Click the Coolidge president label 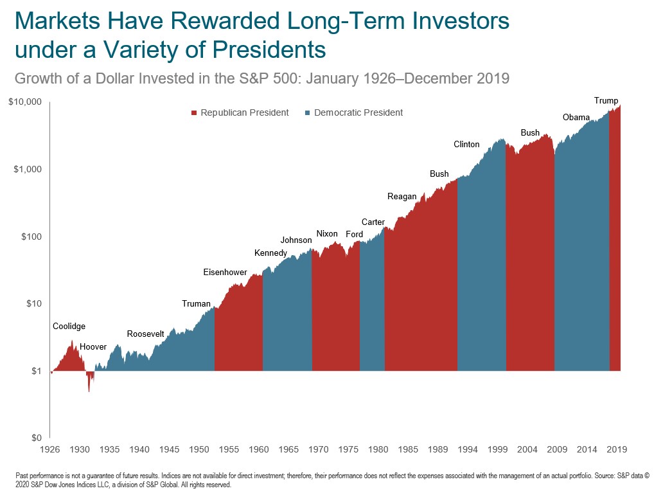coord(69,327)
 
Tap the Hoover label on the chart coord(93,347)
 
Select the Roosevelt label coord(146,334)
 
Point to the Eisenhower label coord(225,273)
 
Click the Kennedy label coord(270,253)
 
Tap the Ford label coord(355,235)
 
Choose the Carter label coord(373,222)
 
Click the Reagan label coord(402,197)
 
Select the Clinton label coord(466,145)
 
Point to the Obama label coord(576,118)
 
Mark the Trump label coord(606,101)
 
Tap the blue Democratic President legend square coord(308,113)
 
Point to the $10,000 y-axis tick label coord(26,102)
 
